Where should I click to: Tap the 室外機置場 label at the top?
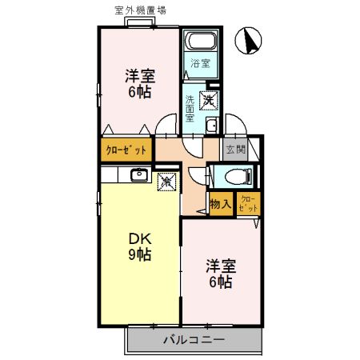[141, 10]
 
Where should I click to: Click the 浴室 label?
[199, 63]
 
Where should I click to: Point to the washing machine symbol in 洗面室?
[208, 101]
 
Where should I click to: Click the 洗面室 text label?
[190, 109]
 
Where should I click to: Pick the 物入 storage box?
[220, 203]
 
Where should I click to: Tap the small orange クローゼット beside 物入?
[247, 203]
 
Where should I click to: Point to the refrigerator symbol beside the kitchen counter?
[167, 182]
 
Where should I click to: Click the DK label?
[138, 238]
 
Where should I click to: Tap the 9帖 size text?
[139, 255]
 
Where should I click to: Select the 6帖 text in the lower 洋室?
[220, 282]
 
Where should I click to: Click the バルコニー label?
[194, 339]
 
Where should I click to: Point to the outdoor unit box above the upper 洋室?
[139, 22]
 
